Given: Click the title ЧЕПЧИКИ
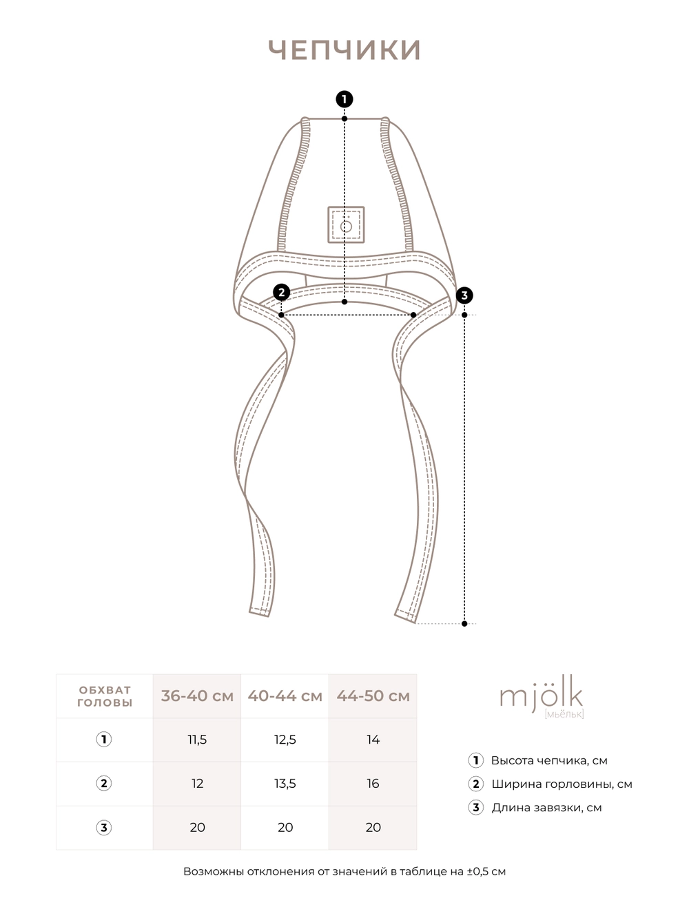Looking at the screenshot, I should (344, 50).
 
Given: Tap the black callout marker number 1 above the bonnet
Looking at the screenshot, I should (344, 99).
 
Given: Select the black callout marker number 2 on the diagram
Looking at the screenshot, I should (281, 293).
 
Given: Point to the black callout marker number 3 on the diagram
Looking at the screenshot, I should (464, 295).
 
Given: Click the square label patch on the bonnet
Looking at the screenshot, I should (346, 225).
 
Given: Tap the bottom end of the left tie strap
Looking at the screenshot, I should (259, 609).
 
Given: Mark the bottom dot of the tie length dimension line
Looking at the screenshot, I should (464, 624).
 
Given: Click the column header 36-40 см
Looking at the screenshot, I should (197, 696).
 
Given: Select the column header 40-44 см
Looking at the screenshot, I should (285, 696).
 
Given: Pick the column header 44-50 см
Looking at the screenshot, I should (373, 696).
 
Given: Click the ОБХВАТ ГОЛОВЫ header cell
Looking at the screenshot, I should (104, 696).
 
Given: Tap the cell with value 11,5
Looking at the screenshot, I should (197, 740).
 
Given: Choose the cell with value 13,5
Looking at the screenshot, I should (285, 784).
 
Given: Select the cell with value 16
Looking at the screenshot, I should (373, 784).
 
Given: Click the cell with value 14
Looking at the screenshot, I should (373, 740).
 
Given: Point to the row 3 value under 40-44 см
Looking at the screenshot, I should (285, 828).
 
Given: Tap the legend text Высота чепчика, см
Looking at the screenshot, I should (549, 761).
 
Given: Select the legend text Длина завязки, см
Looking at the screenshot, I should (546, 808).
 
